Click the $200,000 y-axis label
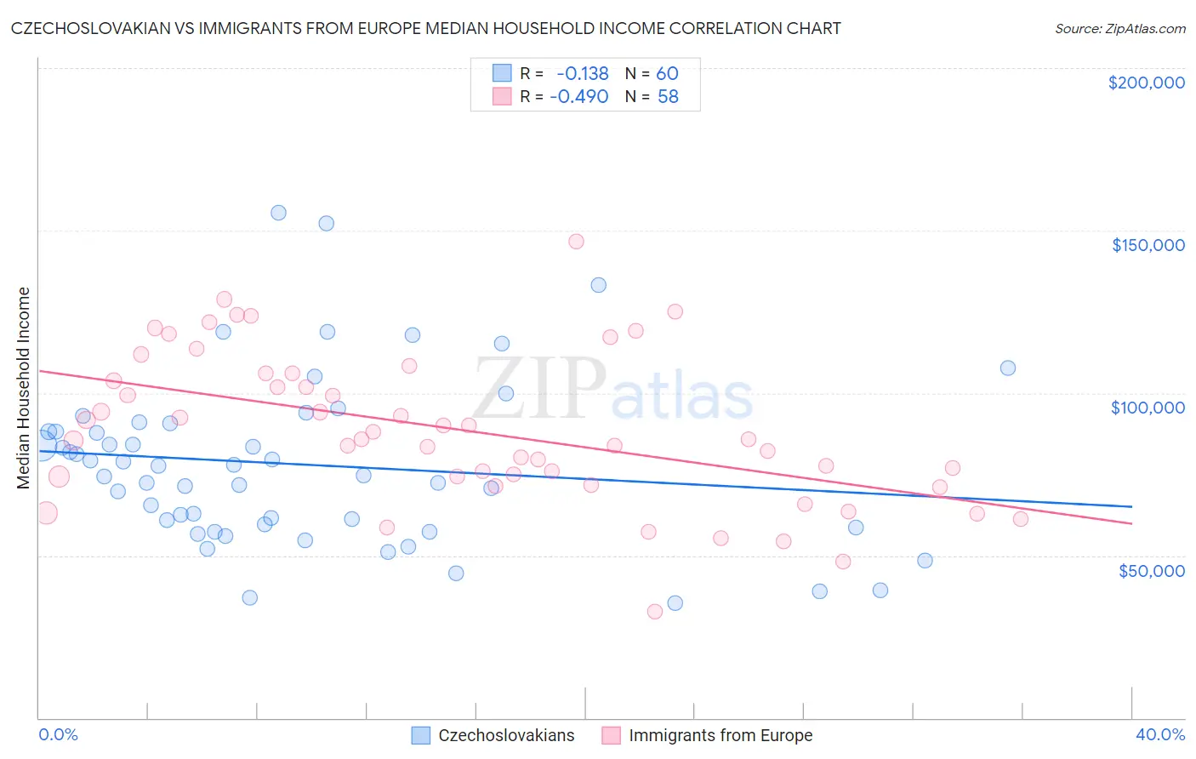pyautogui.click(x=1146, y=83)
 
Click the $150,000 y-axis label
pyautogui.click(x=1148, y=245)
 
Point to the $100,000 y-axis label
pyautogui.click(x=1148, y=408)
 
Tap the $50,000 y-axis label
pyautogui.click(x=1151, y=570)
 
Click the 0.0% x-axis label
pyautogui.click(x=58, y=734)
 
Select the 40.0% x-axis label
pyautogui.click(x=1159, y=734)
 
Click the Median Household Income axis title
pyautogui.click(x=23, y=388)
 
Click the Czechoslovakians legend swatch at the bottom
pyautogui.click(x=421, y=735)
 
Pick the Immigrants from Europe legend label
pyautogui.click(x=720, y=735)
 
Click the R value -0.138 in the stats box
pyautogui.click(x=583, y=74)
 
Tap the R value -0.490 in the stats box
pyautogui.click(x=579, y=97)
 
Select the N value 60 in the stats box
pyautogui.click(x=667, y=74)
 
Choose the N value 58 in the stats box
pyautogui.click(x=668, y=97)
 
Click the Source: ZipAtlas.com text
pyautogui.click(x=1119, y=29)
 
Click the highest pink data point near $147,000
pyautogui.click(x=576, y=241)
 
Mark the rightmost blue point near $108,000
pyautogui.click(x=1008, y=368)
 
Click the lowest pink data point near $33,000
pyautogui.click(x=655, y=611)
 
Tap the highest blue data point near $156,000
pyautogui.click(x=278, y=213)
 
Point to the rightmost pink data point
pyautogui.click(x=1021, y=519)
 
